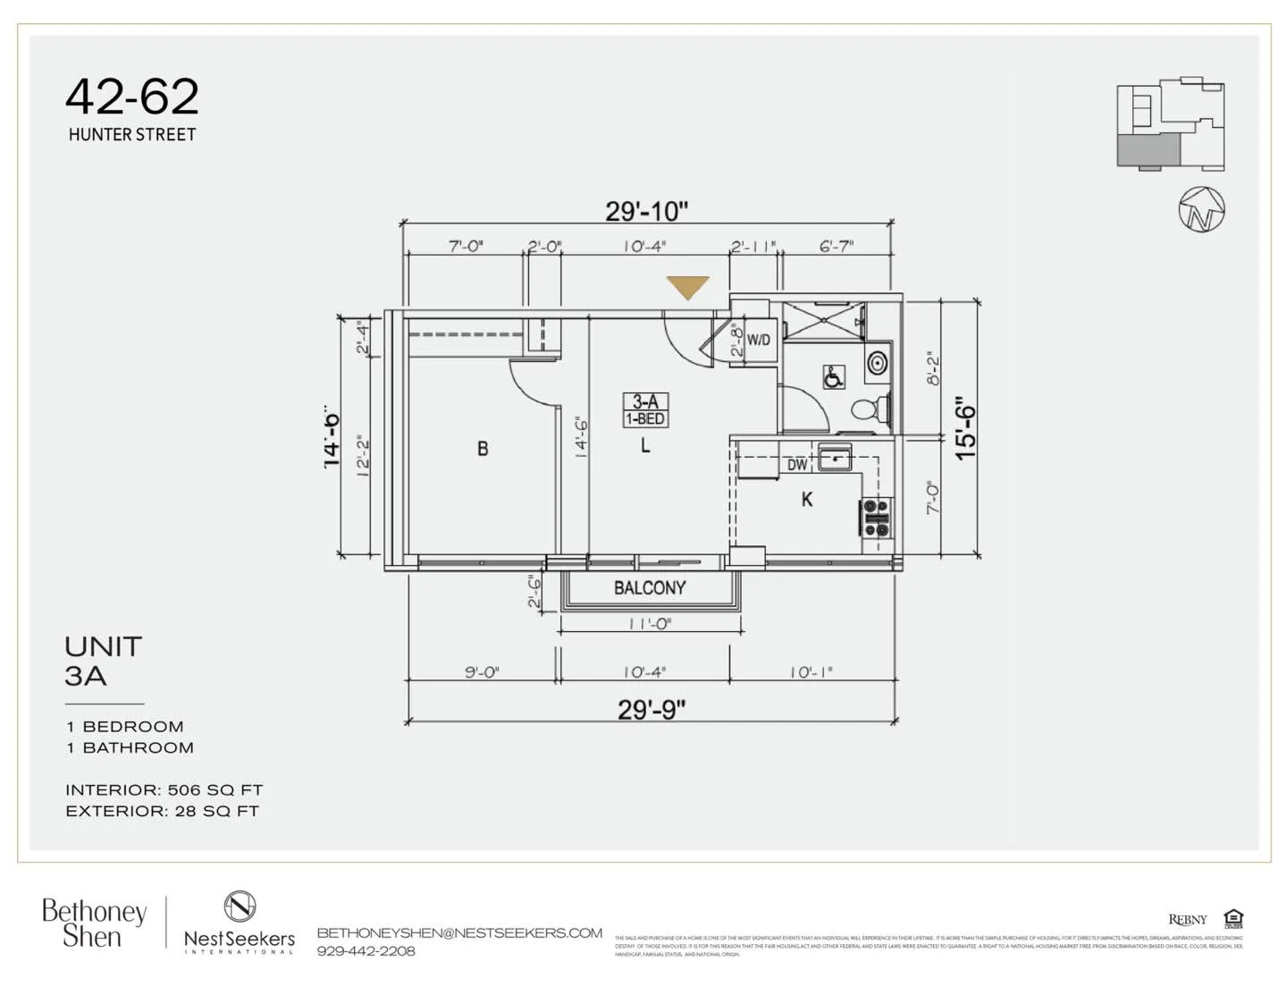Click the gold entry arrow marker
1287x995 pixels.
pyautogui.click(x=687, y=287)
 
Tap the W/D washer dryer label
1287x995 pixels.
pyautogui.click(x=758, y=340)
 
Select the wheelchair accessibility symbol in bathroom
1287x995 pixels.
pyautogui.click(x=833, y=377)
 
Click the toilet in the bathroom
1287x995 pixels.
pyautogui.click(x=868, y=409)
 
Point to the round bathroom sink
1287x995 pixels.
pyautogui.click(x=878, y=363)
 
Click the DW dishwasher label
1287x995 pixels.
pyautogui.click(x=797, y=465)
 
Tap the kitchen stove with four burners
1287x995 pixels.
pyautogui.click(x=876, y=519)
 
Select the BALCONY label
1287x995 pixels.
pyautogui.click(x=650, y=587)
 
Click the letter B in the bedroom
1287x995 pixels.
pyautogui.click(x=483, y=449)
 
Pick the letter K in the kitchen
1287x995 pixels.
pyautogui.click(x=807, y=500)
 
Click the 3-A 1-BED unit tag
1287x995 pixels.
pyautogui.click(x=645, y=410)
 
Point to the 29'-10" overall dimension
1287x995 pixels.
pyautogui.click(x=646, y=212)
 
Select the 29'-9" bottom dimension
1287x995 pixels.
pyautogui.click(x=652, y=710)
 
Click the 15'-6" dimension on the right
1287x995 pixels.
pyautogui.click(x=966, y=428)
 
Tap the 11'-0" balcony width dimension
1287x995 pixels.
pyautogui.click(x=650, y=624)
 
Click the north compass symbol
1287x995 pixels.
pyautogui.click(x=1201, y=210)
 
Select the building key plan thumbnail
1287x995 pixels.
pyautogui.click(x=1170, y=124)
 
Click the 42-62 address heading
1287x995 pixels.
pyautogui.click(x=132, y=97)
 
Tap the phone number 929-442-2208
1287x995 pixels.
pyautogui.click(x=366, y=951)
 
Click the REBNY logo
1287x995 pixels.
pyautogui.click(x=1187, y=920)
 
